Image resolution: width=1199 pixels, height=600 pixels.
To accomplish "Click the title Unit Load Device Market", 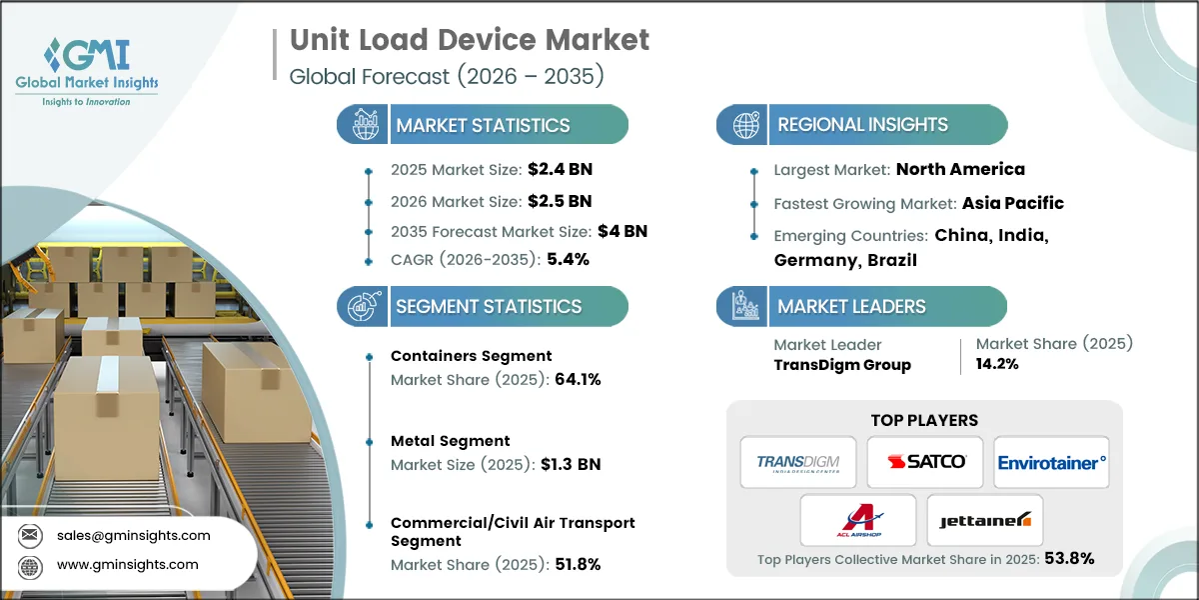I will (470, 40).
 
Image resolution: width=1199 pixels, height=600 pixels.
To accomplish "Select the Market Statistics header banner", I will (483, 125).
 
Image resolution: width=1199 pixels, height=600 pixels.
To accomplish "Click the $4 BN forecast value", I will (623, 230).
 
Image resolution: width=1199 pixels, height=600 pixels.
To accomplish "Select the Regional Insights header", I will (862, 125).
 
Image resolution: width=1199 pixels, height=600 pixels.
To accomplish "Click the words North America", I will (960, 169).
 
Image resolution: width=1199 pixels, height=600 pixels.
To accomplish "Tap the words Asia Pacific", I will (1012, 203).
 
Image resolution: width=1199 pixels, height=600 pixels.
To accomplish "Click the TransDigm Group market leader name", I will (842, 365).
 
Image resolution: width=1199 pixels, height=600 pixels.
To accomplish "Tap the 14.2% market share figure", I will (998, 365).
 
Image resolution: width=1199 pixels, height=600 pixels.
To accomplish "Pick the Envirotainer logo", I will (1051, 462).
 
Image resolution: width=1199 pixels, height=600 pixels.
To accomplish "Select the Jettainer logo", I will (985, 520).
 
